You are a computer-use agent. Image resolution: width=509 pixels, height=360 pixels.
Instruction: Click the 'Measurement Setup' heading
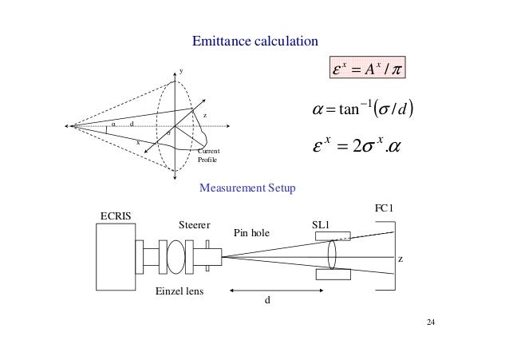coord(248,188)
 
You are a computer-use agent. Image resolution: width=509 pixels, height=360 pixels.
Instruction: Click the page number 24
coord(431,323)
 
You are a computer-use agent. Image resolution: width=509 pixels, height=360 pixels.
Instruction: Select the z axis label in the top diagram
coord(206,116)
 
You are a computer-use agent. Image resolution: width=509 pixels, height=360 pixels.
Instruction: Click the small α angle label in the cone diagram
coord(112,124)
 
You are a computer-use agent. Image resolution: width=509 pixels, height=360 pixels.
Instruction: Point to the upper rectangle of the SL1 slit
coord(333,235)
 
